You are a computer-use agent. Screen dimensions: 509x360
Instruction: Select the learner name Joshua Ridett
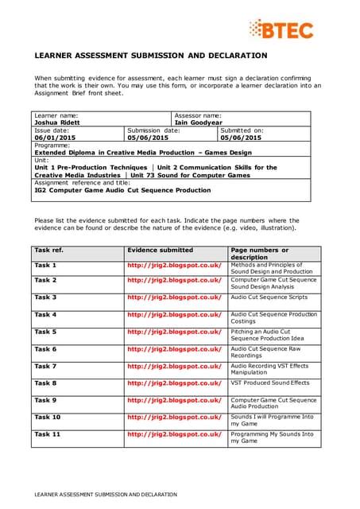(56, 122)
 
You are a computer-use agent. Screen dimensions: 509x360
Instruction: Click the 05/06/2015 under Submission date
(148, 138)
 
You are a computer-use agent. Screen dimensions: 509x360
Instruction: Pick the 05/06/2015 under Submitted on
(242, 138)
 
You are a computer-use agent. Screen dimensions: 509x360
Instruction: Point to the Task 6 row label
(45, 348)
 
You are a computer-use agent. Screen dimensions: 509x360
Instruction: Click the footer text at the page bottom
(105, 494)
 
